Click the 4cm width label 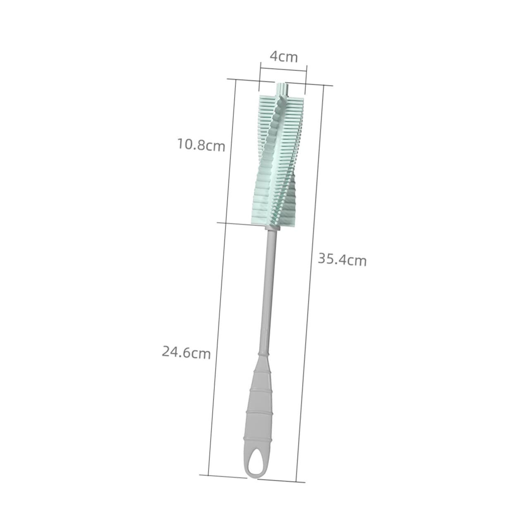pos(283,56)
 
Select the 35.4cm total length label pos(342,260)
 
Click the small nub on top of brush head pos(282,88)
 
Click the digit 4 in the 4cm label pos(274,56)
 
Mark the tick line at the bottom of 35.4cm pos(281,480)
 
